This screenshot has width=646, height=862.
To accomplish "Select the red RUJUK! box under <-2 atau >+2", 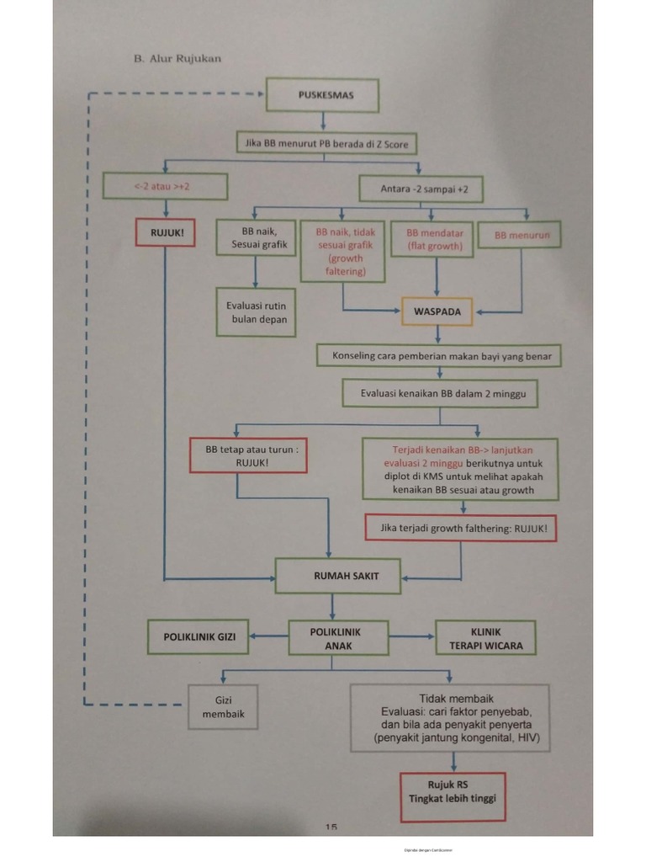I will (166, 232).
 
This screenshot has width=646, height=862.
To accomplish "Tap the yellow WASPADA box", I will (437, 311).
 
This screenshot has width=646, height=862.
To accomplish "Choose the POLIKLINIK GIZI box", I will (199, 638).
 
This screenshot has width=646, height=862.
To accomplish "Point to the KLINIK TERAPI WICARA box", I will (485, 638).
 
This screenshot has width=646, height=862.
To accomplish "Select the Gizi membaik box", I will (223, 706).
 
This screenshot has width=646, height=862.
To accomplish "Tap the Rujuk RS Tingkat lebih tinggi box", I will (453, 791).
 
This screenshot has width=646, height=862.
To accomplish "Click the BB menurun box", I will (522, 235).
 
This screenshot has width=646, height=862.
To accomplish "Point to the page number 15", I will (331, 827).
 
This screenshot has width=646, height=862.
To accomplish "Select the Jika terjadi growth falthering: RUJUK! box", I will (462, 529).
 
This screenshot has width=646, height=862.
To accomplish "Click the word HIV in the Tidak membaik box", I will (529, 738).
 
